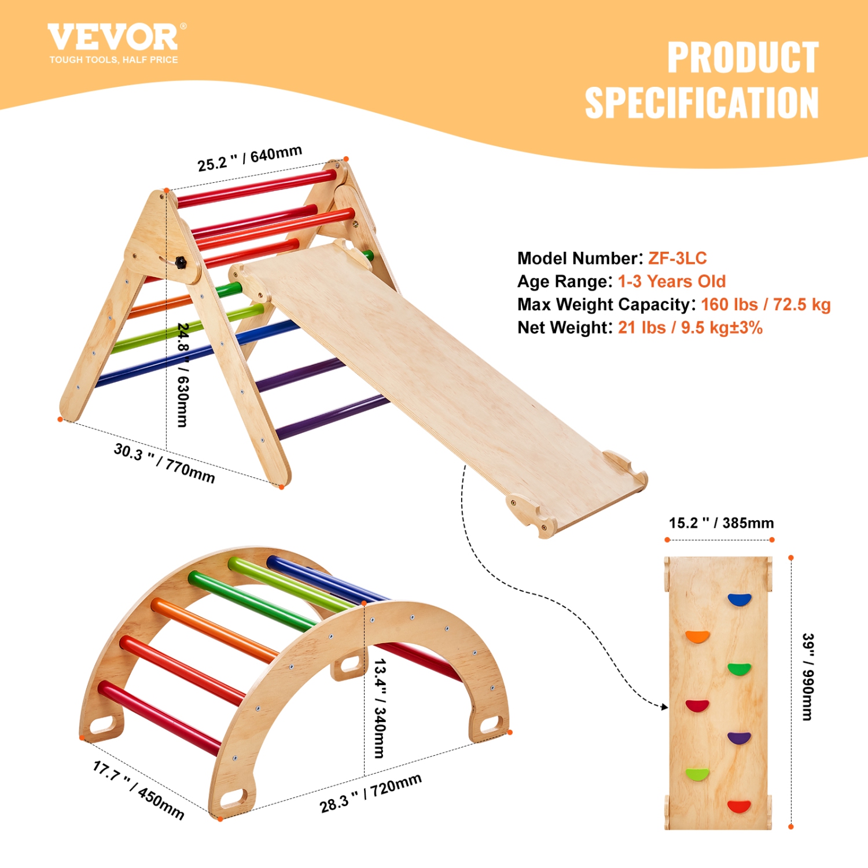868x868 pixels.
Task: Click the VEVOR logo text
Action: (113, 38)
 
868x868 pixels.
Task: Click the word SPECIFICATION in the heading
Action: (701, 103)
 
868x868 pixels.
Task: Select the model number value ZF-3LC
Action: (677, 258)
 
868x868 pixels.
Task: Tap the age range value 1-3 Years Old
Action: (671, 281)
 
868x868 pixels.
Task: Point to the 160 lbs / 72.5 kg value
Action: (765, 304)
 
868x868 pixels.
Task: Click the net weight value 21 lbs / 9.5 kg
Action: (690, 328)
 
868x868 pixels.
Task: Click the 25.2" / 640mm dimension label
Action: (249, 159)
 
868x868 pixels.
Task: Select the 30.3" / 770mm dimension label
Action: (164, 463)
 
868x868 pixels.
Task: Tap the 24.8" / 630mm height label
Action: (183, 375)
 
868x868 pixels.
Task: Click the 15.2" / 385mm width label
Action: (721, 523)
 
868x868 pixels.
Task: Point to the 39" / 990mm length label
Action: (808, 676)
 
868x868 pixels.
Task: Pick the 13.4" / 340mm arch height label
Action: (380, 708)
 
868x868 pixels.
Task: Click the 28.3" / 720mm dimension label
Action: (370, 793)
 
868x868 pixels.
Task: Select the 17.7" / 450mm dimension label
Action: (139, 790)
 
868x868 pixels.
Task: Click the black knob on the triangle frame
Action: (181, 263)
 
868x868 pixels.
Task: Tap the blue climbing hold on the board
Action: (739, 599)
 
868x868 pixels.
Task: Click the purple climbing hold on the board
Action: (739, 738)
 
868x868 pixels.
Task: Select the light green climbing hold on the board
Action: (697, 774)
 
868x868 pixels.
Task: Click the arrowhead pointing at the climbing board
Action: (665, 707)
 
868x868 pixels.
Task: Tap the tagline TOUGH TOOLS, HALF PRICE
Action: (113, 60)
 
